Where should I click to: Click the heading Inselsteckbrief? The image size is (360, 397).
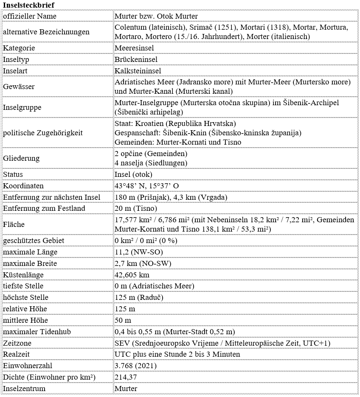(28, 4)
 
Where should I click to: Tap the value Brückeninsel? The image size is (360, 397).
(136, 59)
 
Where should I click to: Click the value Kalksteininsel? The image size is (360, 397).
(138, 71)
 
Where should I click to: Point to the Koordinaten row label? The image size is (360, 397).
(23, 186)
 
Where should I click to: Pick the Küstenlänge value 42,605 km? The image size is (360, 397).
(132, 275)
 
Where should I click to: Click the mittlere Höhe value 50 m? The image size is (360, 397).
(123, 320)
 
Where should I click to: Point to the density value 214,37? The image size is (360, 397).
(126, 377)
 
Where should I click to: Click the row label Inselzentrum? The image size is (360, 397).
(24, 389)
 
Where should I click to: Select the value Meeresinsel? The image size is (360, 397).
(134, 48)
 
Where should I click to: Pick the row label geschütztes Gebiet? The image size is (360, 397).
(34, 240)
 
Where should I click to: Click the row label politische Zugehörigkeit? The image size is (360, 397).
(43, 133)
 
